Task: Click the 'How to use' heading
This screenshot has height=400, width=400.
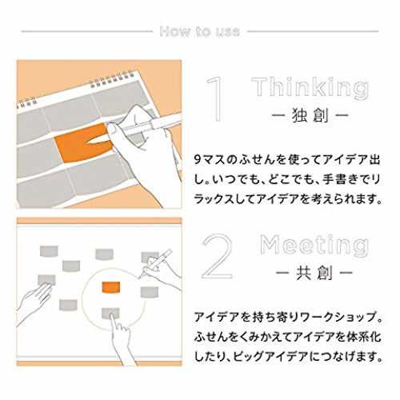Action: click(x=200, y=31)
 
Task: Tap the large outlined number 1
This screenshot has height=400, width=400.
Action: click(x=216, y=99)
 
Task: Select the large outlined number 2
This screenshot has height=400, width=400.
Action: click(x=217, y=257)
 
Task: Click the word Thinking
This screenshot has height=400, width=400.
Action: click(x=310, y=88)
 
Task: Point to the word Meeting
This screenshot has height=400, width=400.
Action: click(x=314, y=245)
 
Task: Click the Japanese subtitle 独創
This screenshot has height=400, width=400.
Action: click(x=310, y=115)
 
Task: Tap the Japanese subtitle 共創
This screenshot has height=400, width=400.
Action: click(x=314, y=273)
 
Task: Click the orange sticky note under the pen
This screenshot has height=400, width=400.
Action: click(x=82, y=144)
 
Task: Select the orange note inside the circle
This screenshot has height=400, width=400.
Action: click(x=111, y=287)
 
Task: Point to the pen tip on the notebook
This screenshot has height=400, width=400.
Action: click(x=89, y=142)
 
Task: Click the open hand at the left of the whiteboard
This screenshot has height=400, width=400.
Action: click(x=34, y=302)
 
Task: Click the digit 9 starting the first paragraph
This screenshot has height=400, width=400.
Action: click(x=198, y=160)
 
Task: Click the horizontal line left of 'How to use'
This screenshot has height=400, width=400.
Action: click(x=86, y=31)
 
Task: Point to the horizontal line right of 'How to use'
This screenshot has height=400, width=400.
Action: click(x=313, y=31)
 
